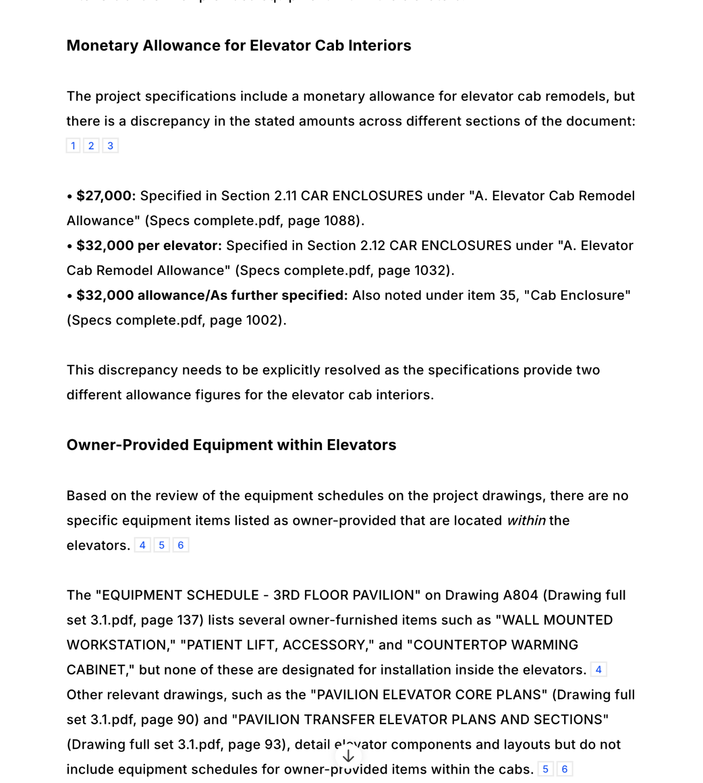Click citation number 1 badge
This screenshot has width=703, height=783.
point(73,146)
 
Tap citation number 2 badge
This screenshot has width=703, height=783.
point(91,146)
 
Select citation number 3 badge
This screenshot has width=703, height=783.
point(110,146)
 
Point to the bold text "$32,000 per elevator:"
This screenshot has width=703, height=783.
point(149,246)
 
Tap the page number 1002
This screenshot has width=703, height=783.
point(263,320)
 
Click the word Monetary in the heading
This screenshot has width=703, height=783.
point(102,46)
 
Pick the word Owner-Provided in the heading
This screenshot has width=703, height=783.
point(128,445)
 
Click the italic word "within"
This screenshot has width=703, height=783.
point(526,521)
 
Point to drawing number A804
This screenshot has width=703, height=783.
point(521,595)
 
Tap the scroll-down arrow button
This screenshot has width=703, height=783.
point(348,757)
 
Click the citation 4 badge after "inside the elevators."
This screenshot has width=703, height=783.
point(598,669)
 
